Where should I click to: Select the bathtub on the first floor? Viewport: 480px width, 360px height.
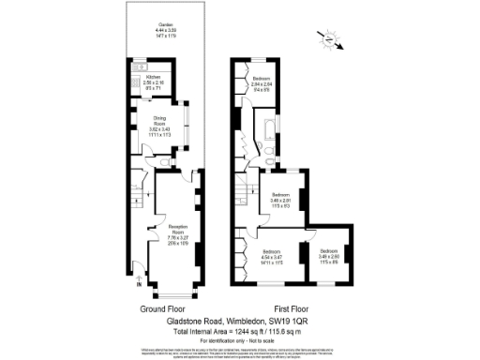pyautogui.click(x=268, y=126)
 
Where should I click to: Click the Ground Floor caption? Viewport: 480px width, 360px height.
pyautogui.click(x=162, y=307)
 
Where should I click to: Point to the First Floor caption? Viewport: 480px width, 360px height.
pyautogui.click(x=292, y=307)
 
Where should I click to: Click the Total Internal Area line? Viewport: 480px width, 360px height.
pyautogui.click(x=239, y=330)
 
